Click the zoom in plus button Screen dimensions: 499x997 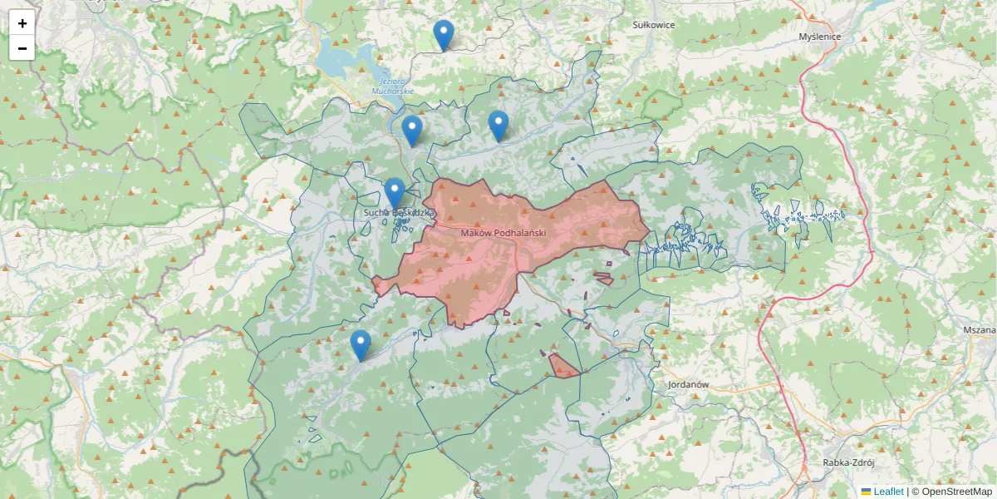tap(22, 23)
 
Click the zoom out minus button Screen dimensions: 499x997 tap(22, 48)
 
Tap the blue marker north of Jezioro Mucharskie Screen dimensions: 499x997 tap(444, 36)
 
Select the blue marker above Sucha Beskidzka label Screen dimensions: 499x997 tap(395, 194)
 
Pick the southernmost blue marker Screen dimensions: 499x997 tap(360, 345)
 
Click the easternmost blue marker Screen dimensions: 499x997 tap(498, 126)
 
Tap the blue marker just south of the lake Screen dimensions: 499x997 tap(411, 131)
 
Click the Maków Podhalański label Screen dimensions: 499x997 tap(503, 233)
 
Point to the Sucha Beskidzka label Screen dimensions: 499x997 tap(399, 214)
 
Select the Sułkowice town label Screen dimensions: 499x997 tap(653, 25)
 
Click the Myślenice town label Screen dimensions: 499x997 tap(819, 37)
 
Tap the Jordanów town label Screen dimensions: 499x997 tap(687, 385)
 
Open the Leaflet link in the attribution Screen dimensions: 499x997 tap(888, 492)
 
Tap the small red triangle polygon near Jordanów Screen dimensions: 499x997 tap(563, 367)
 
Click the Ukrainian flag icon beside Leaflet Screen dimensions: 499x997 tap(866, 492)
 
